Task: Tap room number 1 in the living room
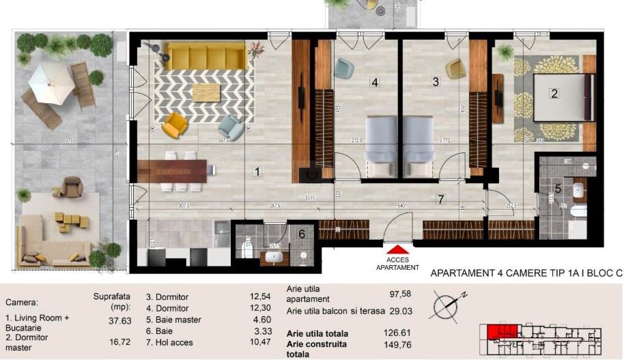(257, 171)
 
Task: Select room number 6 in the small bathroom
(301, 234)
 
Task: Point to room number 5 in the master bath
(558, 189)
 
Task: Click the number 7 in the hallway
(441, 199)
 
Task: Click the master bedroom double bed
(558, 97)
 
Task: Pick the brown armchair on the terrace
(72, 185)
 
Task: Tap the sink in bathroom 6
(274, 258)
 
